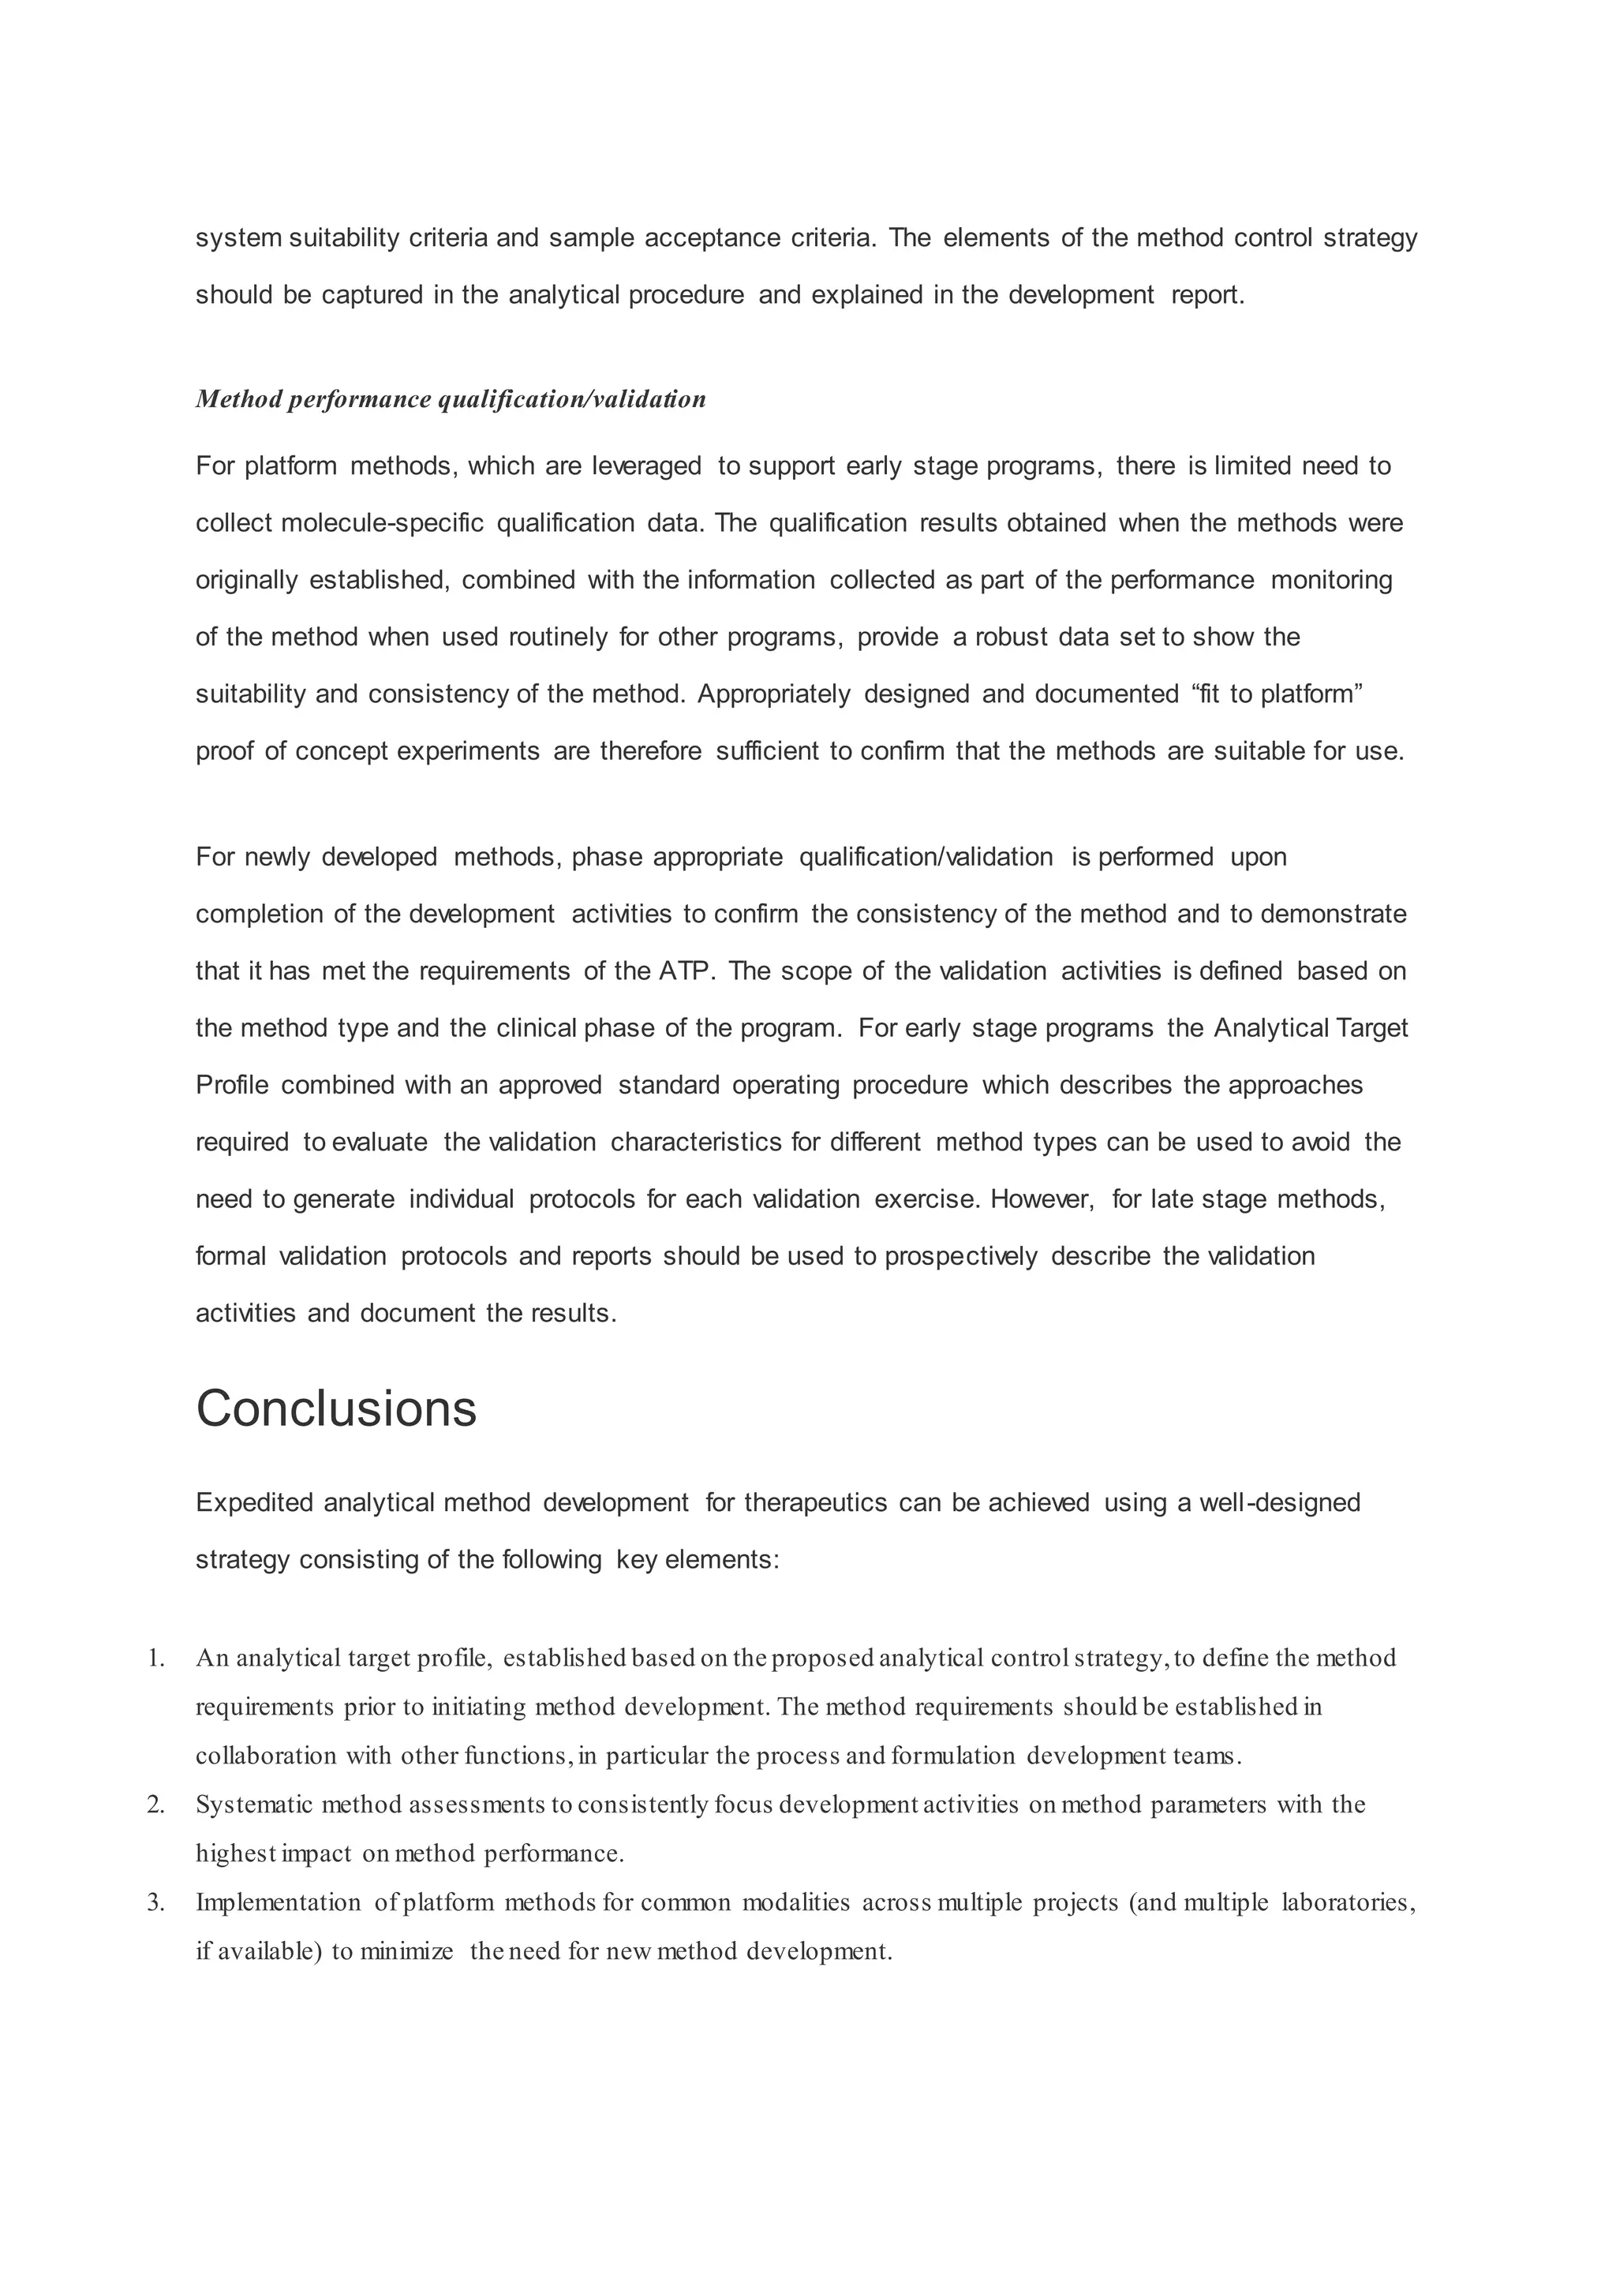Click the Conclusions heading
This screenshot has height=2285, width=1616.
336,1409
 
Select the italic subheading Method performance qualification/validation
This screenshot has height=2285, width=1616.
451,399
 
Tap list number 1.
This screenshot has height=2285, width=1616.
155,1658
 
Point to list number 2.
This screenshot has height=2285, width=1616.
155,1804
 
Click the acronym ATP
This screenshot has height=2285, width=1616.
686,970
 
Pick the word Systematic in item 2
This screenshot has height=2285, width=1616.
255,1804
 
